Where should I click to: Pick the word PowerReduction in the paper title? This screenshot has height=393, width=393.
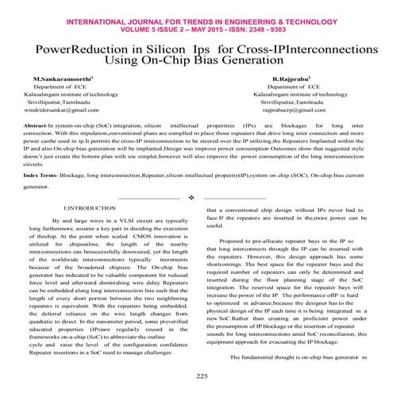[x=86, y=48]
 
